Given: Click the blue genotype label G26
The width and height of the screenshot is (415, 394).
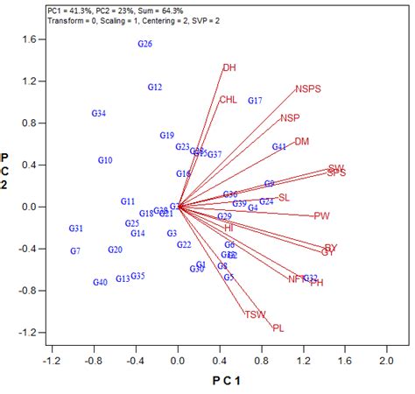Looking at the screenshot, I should click(x=145, y=44).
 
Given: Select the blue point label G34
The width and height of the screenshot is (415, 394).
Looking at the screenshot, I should click(x=99, y=114).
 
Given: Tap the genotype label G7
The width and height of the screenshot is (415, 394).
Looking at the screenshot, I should click(x=75, y=251).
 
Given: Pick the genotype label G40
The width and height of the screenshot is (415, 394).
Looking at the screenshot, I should click(x=100, y=282).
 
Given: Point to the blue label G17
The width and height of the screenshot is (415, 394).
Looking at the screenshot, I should click(x=255, y=102).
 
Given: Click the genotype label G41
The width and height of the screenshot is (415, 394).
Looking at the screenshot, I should click(x=279, y=147).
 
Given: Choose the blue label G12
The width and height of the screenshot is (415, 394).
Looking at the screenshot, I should click(x=155, y=88).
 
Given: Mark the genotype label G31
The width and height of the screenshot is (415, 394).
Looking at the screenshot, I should click(x=76, y=229).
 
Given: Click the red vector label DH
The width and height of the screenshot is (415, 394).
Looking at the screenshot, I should click(x=229, y=67).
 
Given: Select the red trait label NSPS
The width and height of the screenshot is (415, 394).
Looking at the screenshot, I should click(x=308, y=88).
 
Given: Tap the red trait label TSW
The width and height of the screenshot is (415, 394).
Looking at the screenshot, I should click(x=255, y=314).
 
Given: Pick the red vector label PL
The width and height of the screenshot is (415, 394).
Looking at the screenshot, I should click(x=278, y=328).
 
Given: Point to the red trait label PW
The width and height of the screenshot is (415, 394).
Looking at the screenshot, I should click(x=322, y=215).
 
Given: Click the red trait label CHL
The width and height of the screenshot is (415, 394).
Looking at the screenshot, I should click(x=228, y=100).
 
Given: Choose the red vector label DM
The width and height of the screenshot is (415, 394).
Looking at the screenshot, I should click(x=301, y=141).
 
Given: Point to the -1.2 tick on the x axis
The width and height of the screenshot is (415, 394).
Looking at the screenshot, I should click(x=53, y=360).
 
